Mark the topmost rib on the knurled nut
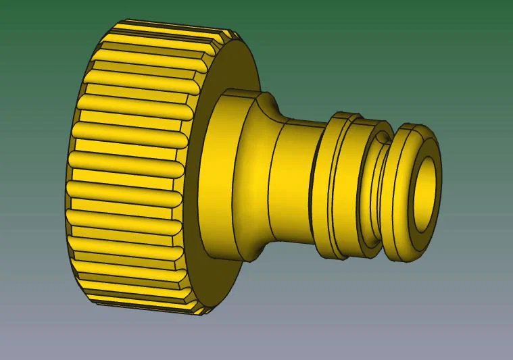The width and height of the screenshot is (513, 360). (x=169, y=30)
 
